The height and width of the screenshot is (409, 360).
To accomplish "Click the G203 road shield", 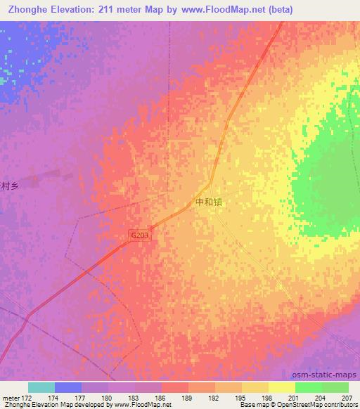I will (140, 237).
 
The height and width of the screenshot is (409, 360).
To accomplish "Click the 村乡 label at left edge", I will (8, 186).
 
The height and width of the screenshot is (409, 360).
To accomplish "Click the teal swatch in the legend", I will (41, 387).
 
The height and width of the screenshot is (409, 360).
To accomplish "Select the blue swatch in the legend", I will (68, 387).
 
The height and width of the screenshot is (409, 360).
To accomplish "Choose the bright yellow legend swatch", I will (282, 387).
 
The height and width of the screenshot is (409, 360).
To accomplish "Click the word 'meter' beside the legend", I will (11, 398).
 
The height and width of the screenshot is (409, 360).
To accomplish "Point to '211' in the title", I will (110, 9).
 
